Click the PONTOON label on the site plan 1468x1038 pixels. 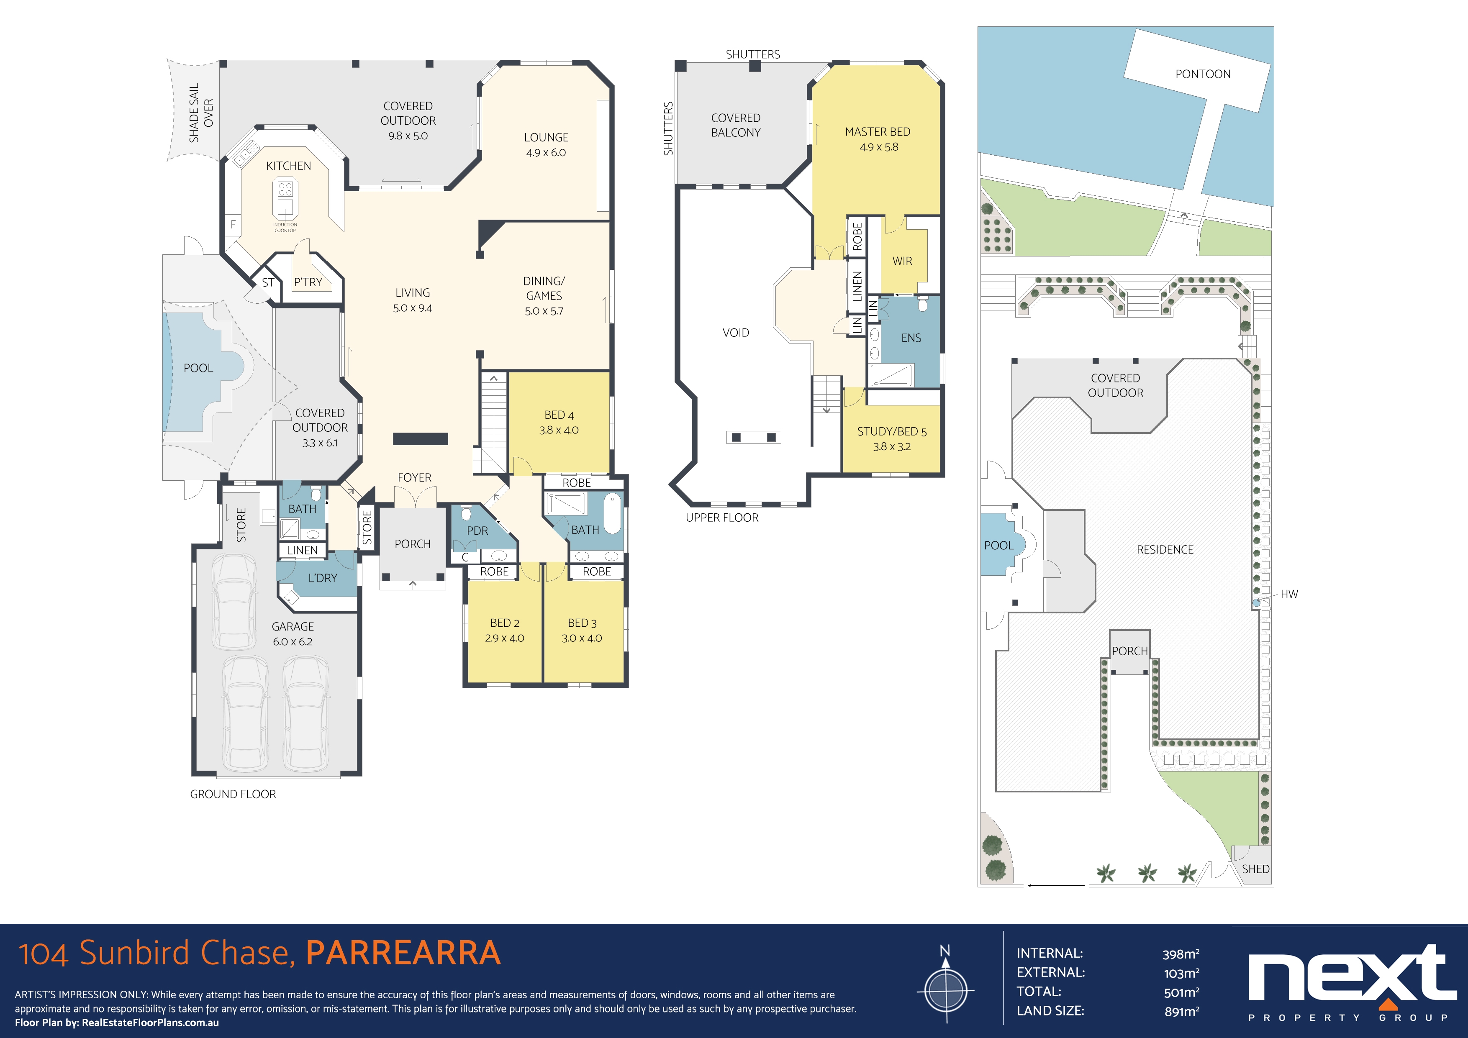[x=1203, y=74]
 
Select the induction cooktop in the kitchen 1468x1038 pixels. [x=285, y=198]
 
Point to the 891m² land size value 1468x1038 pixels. [x=1182, y=1011]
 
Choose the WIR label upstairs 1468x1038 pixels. [x=902, y=261]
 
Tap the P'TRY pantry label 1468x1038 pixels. [x=308, y=282]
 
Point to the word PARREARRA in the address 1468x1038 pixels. [x=403, y=952]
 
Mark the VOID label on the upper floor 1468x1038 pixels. [x=735, y=332]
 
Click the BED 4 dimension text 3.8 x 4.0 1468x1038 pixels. [x=558, y=430]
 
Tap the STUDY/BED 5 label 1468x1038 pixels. [x=891, y=431]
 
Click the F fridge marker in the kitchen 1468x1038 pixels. [x=233, y=224]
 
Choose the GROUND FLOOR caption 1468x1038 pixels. [x=233, y=794]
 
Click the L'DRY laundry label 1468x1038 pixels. [x=322, y=578]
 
